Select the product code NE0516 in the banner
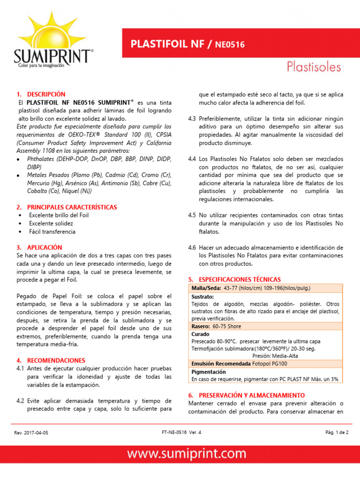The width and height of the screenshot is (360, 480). [x=230, y=45]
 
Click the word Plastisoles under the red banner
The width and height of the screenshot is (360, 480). [x=314, y=67]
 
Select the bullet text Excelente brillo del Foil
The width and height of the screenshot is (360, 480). [x=59, y=215]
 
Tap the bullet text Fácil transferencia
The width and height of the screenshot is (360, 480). [x=52, y=232]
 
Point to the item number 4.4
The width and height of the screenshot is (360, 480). [x=192, y=159]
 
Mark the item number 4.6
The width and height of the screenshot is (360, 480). [x=192, y=247]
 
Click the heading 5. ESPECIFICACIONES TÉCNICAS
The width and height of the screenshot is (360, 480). [x=240, y=279]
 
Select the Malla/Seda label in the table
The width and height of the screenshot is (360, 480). [x=207, y=287]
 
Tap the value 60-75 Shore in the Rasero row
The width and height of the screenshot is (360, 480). [x=227, y=326]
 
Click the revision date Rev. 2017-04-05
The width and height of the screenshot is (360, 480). [x=31, y=433]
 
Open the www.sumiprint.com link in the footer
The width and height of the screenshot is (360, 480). [x=180, y=454]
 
